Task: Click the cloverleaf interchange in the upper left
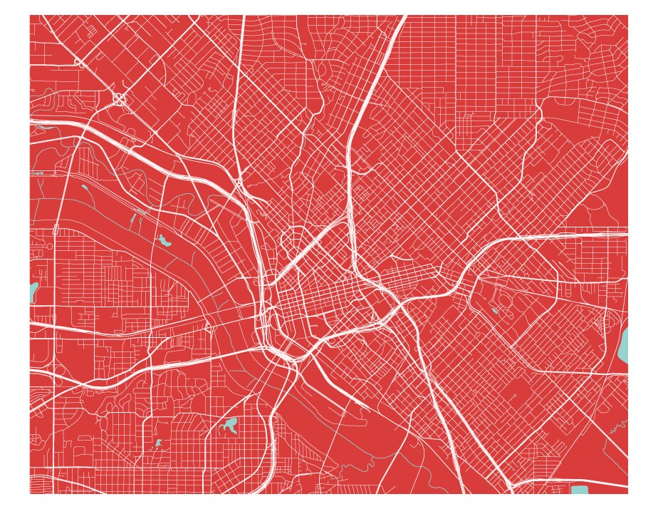click(119, 99)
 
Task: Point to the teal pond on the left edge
click(33, 292)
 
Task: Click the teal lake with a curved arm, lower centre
click(229, 426)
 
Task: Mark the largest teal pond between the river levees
click(165, 241)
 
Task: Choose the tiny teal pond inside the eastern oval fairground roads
click(494, 311)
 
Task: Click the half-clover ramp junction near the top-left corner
click(80, 63)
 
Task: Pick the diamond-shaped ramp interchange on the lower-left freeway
click(208, 328)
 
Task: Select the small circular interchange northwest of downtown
click(237, 182)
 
